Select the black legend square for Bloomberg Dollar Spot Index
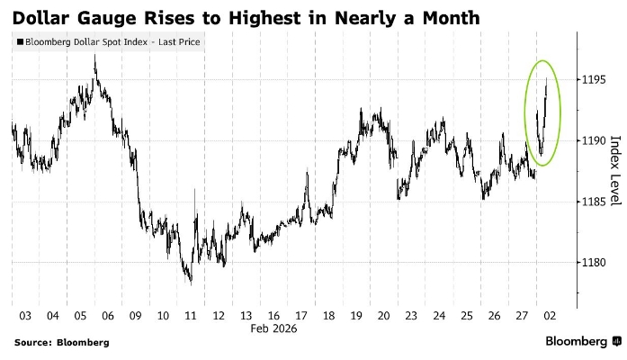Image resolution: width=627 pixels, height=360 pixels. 21,42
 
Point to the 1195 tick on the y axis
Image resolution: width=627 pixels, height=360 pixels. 595,80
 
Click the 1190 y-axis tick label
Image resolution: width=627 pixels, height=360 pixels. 595,140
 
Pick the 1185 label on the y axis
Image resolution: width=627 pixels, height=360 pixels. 595,202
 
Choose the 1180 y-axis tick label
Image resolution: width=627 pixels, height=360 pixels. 595,262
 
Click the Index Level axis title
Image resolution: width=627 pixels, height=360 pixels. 615,170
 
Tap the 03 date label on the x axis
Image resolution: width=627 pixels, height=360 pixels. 25,316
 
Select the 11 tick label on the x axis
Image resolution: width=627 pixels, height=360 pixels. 190,316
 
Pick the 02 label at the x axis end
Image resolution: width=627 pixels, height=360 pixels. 548,316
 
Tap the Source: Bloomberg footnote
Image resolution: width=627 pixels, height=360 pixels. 61,342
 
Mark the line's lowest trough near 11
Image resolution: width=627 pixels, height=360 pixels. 191,283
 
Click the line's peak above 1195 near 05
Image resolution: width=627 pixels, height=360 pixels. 95,56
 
